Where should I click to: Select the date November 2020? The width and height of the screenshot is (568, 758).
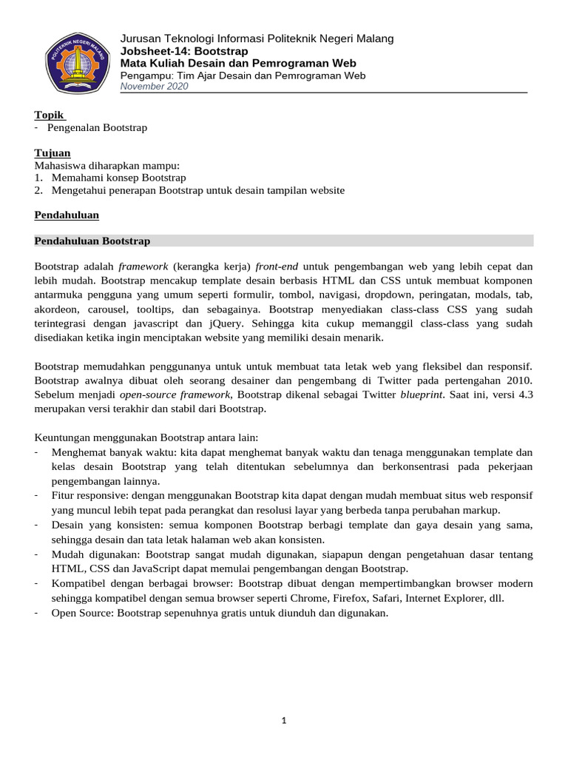154,87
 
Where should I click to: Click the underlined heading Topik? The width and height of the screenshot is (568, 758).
49,115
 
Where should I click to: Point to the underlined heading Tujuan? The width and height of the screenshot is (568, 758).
53,152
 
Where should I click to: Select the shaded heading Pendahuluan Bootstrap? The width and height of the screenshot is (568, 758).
92,241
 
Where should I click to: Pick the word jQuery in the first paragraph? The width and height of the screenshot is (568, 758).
274,323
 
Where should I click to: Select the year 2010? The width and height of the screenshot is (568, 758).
519,380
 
